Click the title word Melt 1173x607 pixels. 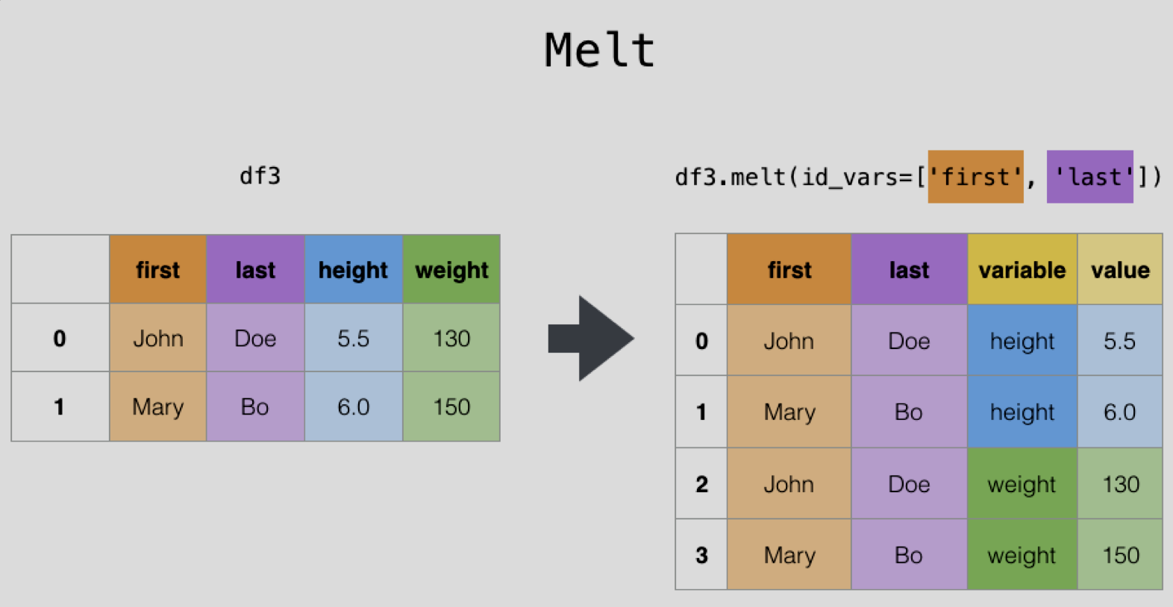600,50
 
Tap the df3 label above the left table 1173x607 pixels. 260,176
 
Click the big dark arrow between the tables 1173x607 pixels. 591,339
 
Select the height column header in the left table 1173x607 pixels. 354,269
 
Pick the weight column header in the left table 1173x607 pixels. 451,269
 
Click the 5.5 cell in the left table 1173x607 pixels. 354,338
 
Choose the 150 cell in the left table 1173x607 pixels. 451,406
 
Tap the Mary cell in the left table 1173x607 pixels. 157,406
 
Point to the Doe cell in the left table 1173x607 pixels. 255,338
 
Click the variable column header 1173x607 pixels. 1022,269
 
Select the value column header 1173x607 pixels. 1120,269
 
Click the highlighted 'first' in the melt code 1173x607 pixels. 975,177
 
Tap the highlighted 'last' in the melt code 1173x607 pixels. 1089,177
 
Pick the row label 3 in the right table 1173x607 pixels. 701,555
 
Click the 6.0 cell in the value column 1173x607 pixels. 1120,412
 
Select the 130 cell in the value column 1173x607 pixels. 1120,483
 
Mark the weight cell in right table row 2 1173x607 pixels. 1022,483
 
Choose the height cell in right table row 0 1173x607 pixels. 1022,341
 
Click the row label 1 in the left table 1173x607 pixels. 60,406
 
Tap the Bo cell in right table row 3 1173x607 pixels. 909,555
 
